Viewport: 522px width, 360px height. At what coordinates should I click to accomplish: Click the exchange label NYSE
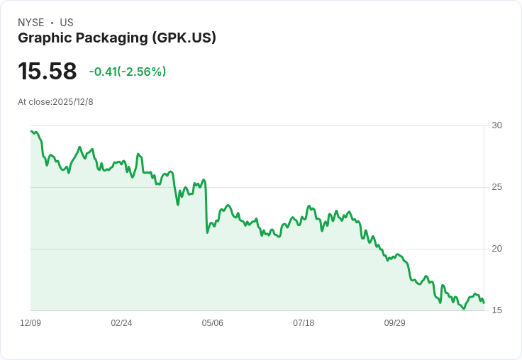tap(31, 23)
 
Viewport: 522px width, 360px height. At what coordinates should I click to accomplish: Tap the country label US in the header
tap(67, 23)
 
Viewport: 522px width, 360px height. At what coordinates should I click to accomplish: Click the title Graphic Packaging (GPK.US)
tap(117, 38)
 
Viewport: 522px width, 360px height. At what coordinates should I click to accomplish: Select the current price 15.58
tap(48, 71)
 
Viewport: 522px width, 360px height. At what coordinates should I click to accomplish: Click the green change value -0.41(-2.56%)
tap(128, 72)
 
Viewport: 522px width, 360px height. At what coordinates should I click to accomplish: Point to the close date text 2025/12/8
tap(73, 102)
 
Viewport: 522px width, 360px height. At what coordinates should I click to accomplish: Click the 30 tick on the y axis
tap(497, 125)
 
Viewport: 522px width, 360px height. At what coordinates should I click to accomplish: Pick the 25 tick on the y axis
tap(497, 187)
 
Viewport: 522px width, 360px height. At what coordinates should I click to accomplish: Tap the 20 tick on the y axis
tap(497, 249)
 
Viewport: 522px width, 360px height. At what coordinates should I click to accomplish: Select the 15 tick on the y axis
tap(497, 310)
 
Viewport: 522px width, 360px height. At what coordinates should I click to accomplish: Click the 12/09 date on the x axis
tap(30, 323)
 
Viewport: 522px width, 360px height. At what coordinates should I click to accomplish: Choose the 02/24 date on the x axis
tap(121, 323)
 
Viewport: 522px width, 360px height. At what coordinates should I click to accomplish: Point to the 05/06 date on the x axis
tap(213, 323)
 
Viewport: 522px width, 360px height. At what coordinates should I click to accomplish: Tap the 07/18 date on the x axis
tap(304, 323)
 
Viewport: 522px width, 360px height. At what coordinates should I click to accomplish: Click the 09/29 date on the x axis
tap(394, 323)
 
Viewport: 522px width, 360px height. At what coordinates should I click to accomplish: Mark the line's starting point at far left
tap(31, 130)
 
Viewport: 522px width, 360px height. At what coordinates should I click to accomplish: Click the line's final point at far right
tap(484, 303)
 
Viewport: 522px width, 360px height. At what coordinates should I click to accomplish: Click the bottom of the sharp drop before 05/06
tap(207, 232)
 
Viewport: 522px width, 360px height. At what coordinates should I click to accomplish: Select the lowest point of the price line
tap(464, 308)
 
